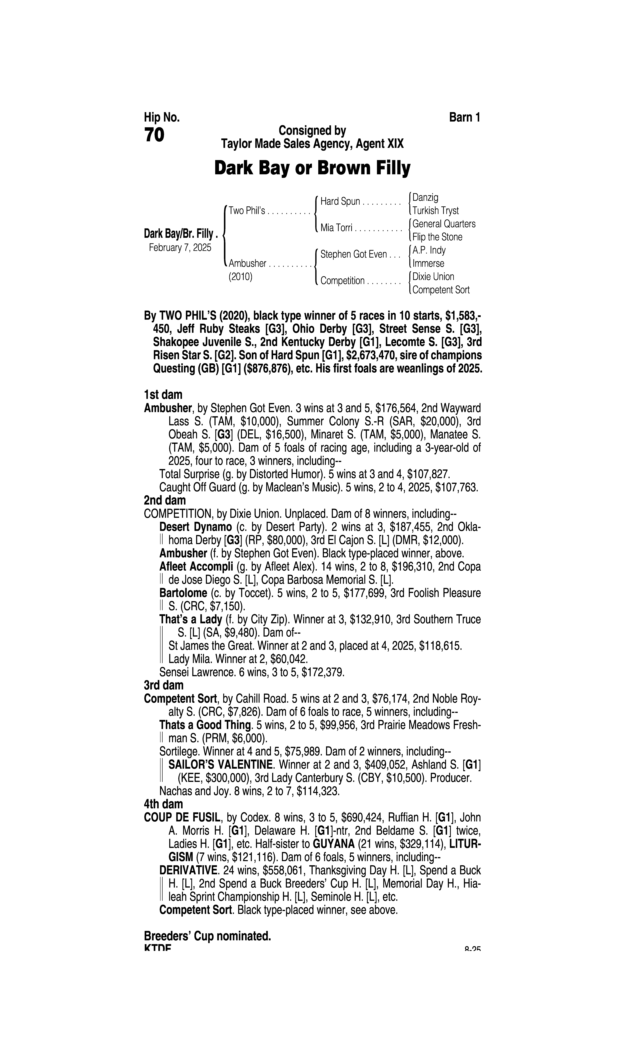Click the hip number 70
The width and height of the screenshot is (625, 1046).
pyautogui.click(x=154, y=135)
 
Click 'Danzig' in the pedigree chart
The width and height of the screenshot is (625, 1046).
pyautogui.click(x=425, y=197)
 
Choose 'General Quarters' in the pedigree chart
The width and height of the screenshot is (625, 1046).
pyautogui.click(x=444, y=224)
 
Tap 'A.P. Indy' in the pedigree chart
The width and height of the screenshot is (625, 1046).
pyautogui.click(x=429, y=250)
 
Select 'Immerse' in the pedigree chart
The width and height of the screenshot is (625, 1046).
pyautogui.click(x=428, y=263)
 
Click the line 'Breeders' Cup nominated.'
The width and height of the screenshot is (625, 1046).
pyautogui.click(x=207, y=936)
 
